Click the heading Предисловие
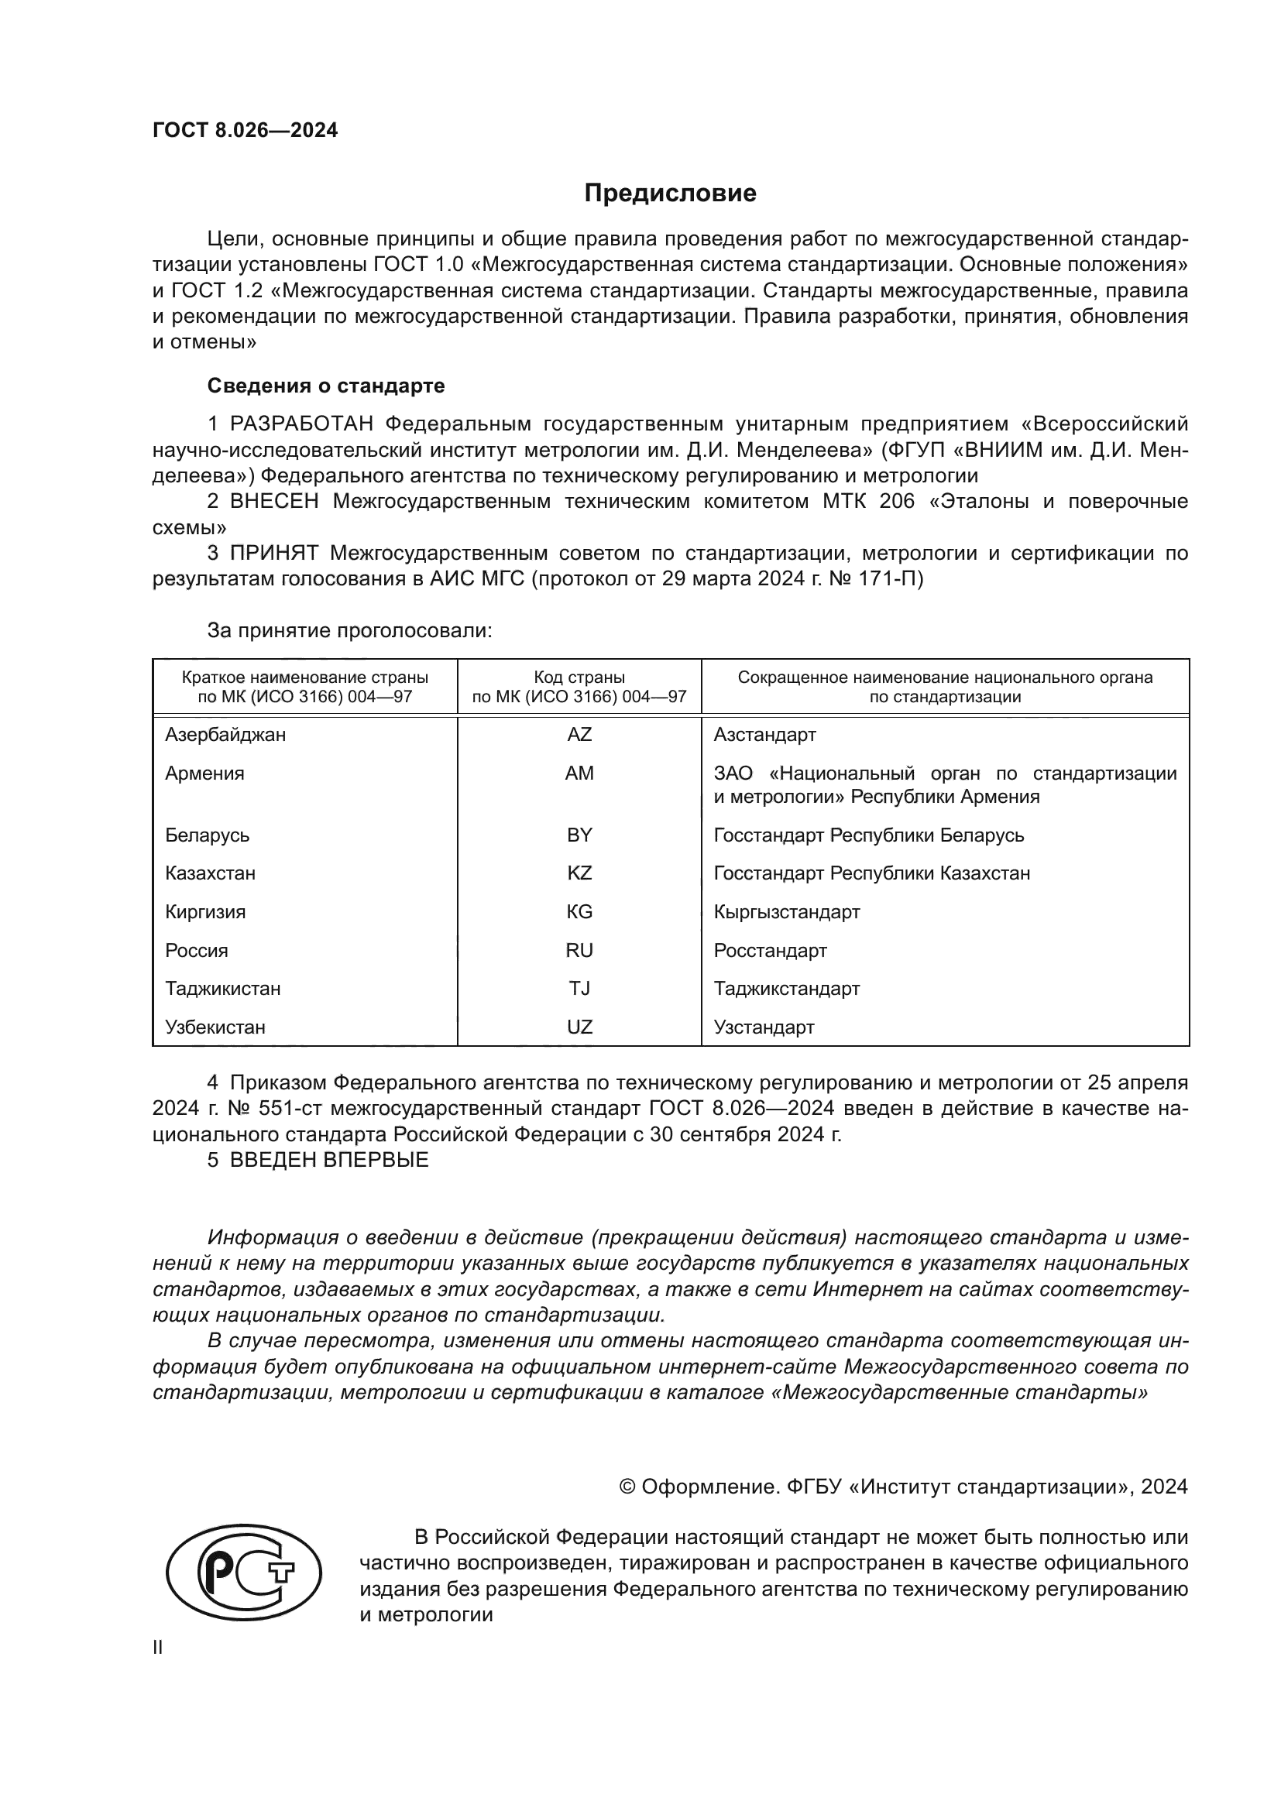[670, 194]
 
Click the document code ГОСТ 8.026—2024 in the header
[245, 130]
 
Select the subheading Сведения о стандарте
[325, 386]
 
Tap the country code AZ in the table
[579, 734]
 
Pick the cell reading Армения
[204, 773]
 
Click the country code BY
[579, 835]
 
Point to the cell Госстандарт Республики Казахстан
[871, 873]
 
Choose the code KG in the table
[579, 912]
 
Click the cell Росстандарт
[770, 951]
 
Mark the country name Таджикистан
[222, 988]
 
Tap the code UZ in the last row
[579, 1027]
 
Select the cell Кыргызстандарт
[786, 912]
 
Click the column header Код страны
[579, 677]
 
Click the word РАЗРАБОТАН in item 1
[301, 424]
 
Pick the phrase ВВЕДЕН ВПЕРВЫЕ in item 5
[329, 1161]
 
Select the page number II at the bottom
[158, 1647]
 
